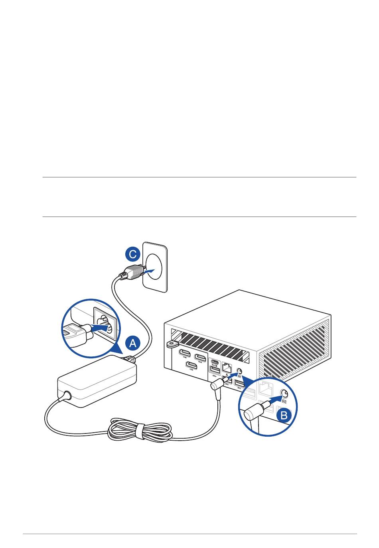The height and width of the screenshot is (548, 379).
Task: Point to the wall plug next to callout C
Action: (132, 273)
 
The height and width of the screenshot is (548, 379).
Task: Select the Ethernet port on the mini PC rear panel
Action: (227, 368)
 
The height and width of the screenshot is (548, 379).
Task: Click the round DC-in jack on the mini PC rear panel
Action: (239, 372)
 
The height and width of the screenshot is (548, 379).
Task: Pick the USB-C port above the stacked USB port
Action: (215, 364)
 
